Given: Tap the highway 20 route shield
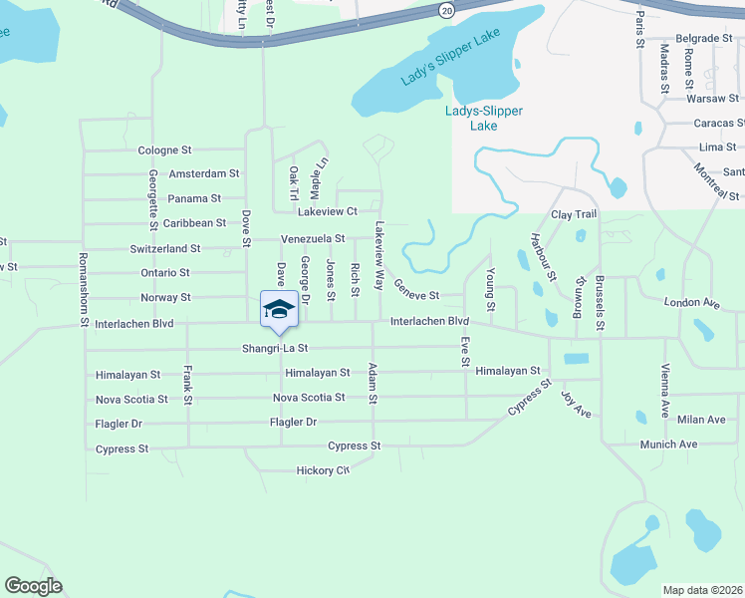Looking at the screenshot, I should [444, 9].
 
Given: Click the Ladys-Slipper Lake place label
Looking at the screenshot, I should [483, 118].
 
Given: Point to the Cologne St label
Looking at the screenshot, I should [164, 149].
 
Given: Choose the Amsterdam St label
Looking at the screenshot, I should [204, 173].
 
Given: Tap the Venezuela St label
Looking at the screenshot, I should [313, 239].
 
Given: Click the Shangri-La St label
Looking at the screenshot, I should [276, 349].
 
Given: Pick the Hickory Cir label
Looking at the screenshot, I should [323, 470].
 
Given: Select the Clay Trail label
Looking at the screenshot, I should [574, 214].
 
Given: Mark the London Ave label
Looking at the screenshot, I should [691, 301].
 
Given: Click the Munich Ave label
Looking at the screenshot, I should [668, 445].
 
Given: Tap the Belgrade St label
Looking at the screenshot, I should [704, 38].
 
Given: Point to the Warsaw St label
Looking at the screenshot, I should [713, 99].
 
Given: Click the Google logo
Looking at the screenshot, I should [33, 586].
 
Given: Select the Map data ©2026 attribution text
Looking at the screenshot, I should [702, 590].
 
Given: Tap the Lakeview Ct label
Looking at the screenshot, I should [327, 211].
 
